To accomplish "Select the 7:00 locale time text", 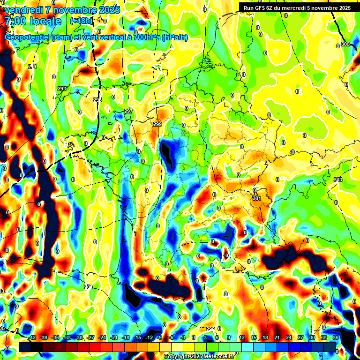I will click(33, 21).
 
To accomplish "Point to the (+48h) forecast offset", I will click(81, 21).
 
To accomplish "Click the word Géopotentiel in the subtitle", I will click(28, 37).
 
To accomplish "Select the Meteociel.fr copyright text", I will click(199, 357).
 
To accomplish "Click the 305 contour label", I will click(345, 45).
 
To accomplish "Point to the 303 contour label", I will click(337, 180).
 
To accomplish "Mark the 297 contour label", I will click(128, 111).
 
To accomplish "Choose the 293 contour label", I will click(62, 89).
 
